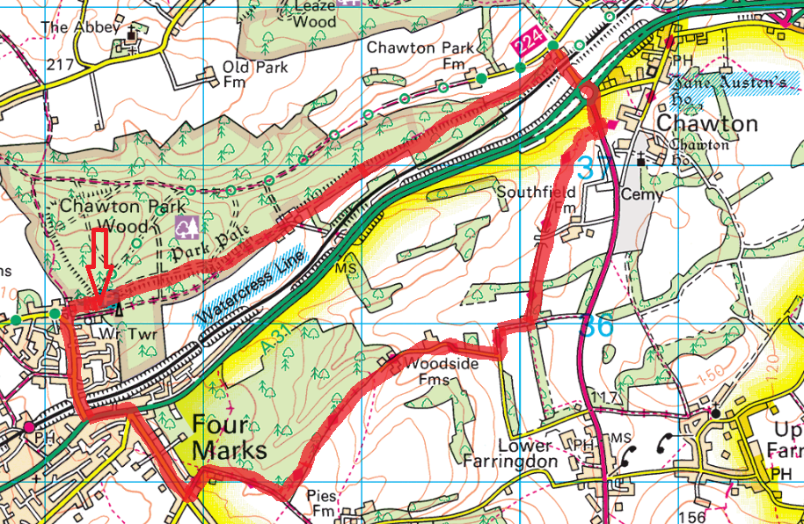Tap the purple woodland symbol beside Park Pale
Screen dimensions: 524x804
[186, 229]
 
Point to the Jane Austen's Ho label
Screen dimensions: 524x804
[735, 84]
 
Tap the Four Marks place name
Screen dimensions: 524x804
[228, 437]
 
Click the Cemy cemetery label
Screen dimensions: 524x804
[641, 194]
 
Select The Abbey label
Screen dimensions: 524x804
[80, 27]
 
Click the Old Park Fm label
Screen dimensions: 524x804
[248, 75]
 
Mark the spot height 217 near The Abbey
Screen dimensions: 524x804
[61, 65]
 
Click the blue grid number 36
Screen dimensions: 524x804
[596, 326]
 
